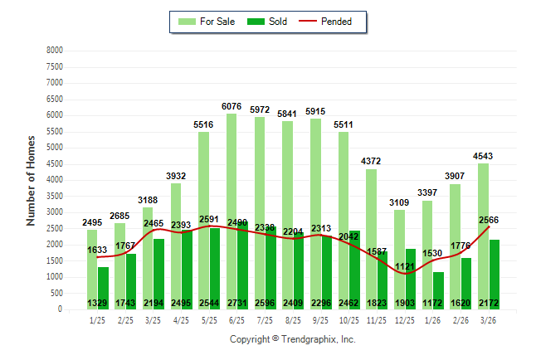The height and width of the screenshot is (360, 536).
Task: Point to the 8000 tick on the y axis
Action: pyautogui.click(x=54, y=51)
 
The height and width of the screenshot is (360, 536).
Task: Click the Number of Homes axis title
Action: pyautogui.click(x=31, y=180)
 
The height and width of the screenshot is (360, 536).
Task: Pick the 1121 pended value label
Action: pyautogui.click(x=405, y=266)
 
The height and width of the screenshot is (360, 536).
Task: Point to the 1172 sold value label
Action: pyautogui.click(x=433, y=304)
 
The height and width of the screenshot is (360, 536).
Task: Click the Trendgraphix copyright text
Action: pyautogui.click(x=292, y=339)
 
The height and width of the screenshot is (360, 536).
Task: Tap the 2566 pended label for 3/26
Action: pyautogui.click(x=490, y=220)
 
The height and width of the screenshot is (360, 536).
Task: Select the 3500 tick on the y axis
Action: pyautogui.click(x=54, y=196)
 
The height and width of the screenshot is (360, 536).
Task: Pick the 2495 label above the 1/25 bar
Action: pyautogui.click(x=91, y=221)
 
